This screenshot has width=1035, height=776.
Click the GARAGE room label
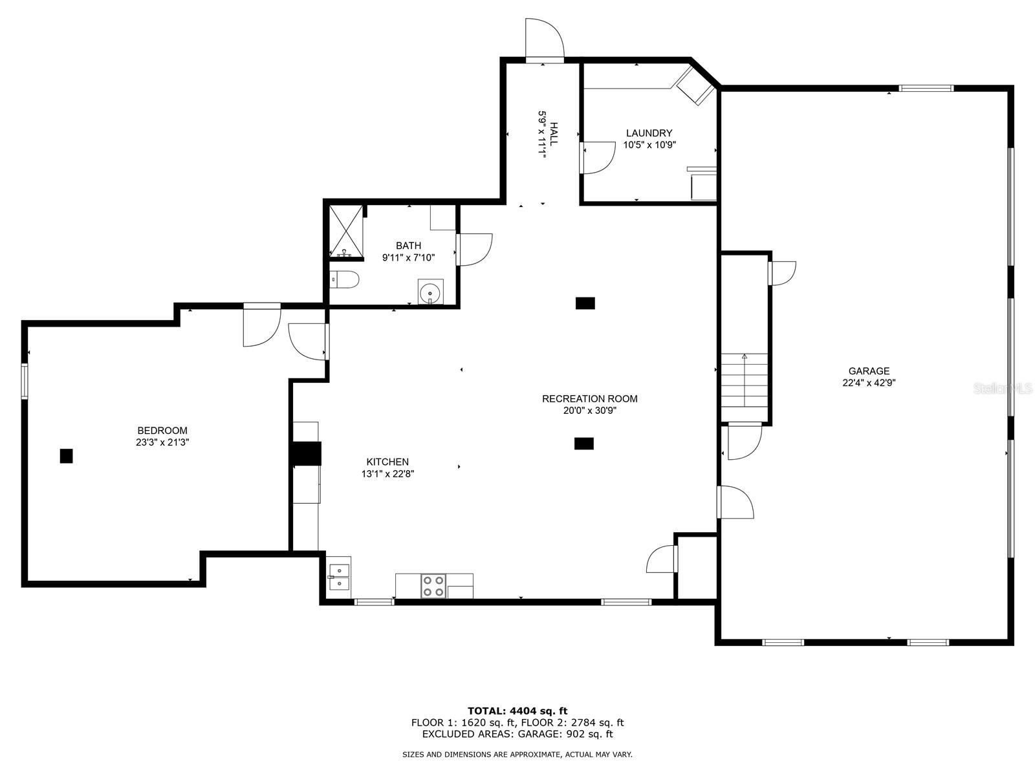[x=869, y=371]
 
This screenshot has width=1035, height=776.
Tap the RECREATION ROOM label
[x=589, y=398]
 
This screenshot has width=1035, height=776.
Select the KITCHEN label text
[x=387, y=462]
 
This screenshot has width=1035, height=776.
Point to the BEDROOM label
[x=162, y=430]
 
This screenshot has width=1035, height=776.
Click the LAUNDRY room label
[x=649, y=133]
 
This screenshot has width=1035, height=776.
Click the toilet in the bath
[x=343, y=279]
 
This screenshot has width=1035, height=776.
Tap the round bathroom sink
[x=430, y=292]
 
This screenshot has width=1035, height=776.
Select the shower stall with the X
[x=345, y=231]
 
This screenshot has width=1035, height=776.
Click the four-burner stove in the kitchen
[x=433, y=586]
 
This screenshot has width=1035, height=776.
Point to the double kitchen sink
[x=339, y=577]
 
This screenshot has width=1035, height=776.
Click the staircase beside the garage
[x=744, y=380]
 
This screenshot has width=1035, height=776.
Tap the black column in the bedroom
[x=66, y=456]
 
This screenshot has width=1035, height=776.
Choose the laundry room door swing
[x=598, y=157]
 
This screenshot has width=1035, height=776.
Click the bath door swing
[x=474, y=249]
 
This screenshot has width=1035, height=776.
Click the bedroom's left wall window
[x=24, y=381]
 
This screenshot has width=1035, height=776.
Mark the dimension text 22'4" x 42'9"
[x=869, y=383]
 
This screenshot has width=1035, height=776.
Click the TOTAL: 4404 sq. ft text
[x=517, y=711]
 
